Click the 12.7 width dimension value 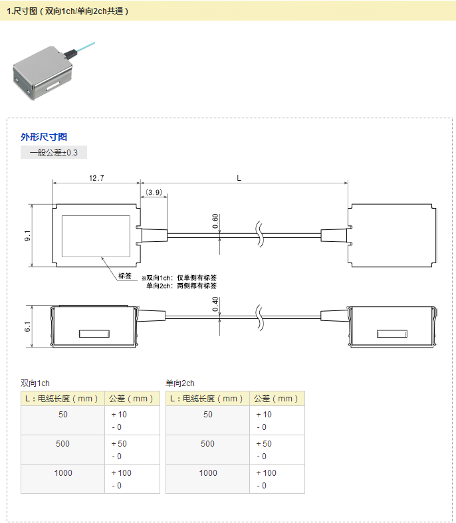pyautogui.click(x=96, y=178)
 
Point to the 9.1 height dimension pyautogui.click(x=27, y=235)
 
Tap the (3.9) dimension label pyautogui.click(x=154, y=193)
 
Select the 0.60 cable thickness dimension pyautogui.click(x=215, y=221)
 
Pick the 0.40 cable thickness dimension pyautogui.click(x=215, y=304)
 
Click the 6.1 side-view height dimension pyautogui.click(x=27, y=327)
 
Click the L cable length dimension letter pyautogui.click(x=239, y=178)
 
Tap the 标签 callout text pyautogui.click(x=125, y=276)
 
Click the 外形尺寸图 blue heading pyautogui.click(x=44, y=137)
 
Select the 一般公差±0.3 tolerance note pyautogui.click(x=54, y=152)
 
